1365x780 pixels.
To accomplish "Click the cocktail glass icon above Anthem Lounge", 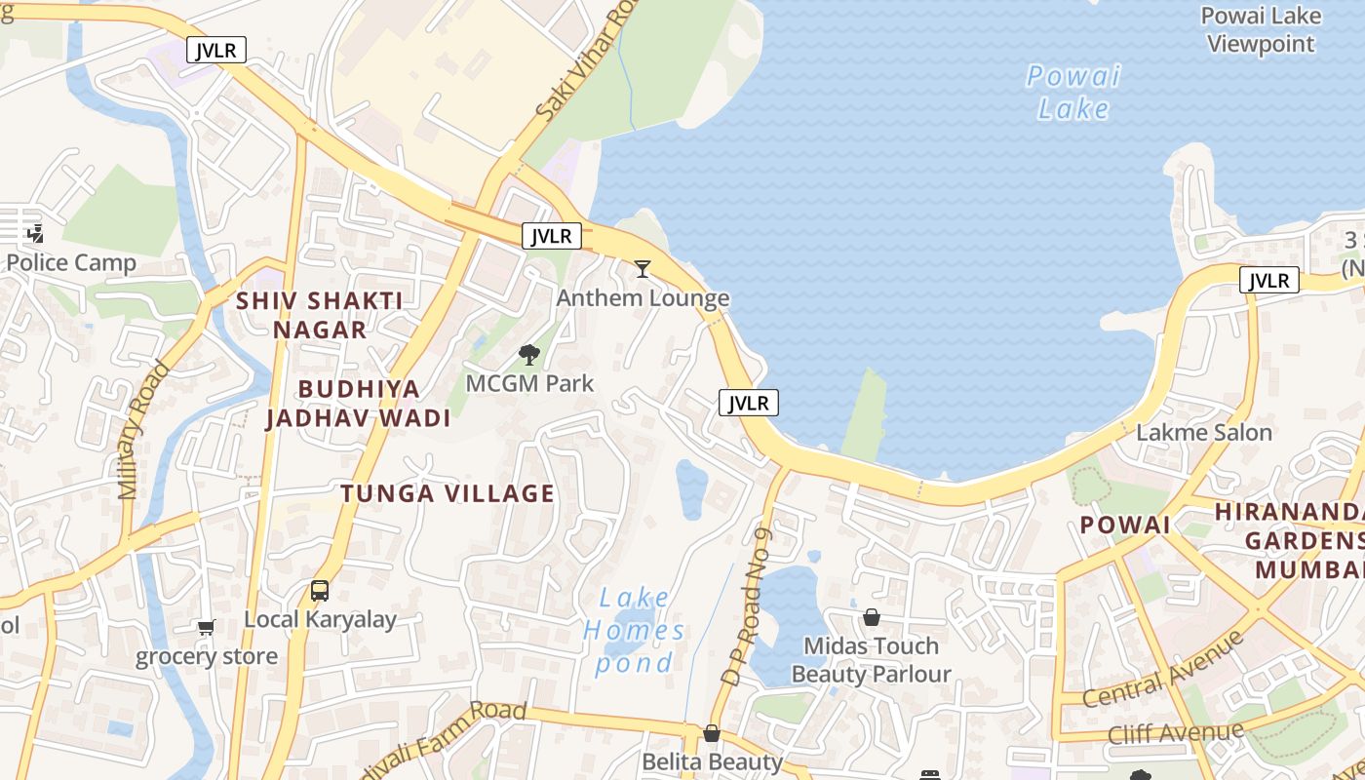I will tap(642, 268).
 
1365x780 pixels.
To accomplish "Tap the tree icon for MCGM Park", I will tap(529, 354).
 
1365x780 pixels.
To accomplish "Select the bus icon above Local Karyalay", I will tap(320, 590).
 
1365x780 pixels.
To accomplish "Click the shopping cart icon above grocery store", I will tap(206, 627).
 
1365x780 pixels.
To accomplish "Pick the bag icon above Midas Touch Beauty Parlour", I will tap(871, 617).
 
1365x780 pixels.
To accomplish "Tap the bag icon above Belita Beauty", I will tap(712, 733).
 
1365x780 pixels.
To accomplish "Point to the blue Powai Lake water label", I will tap(1072, 92).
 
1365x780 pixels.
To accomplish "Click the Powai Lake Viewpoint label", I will tap(1261, 29).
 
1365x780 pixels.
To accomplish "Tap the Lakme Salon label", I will tap(1204, 432).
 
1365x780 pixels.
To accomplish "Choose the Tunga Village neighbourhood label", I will tap(448, 493).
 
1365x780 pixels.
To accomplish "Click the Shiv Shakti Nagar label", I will tap(320, 314).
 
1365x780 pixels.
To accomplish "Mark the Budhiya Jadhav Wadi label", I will tap(359, 404).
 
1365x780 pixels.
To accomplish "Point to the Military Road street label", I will tap(143, 430).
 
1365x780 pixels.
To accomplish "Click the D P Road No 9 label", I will tap(748, 604).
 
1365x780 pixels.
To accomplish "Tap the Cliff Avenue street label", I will tap(1176, 732).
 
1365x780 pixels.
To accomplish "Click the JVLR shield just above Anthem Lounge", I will tap(552, 236).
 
